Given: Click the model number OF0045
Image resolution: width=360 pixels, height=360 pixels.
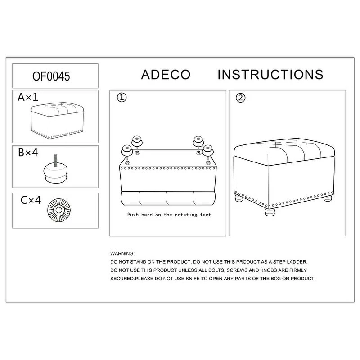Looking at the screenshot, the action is [x=51, y=76].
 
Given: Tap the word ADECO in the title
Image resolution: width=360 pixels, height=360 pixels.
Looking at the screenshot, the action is [x=166, y=75].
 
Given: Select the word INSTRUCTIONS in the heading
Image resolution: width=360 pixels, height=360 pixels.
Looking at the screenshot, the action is [x=270, y=75].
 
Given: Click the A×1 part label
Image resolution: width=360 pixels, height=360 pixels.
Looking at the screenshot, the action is [x=28, y=97].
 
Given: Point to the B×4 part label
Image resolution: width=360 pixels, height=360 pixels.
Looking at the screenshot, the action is [x=28, y=153].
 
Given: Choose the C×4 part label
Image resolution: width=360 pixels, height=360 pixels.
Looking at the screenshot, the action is [x=31, y=200].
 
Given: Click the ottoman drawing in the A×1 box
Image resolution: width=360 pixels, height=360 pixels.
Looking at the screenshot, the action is [x=57, y=120].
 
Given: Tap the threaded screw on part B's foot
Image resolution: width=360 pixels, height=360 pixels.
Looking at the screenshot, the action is [x=55, y=161].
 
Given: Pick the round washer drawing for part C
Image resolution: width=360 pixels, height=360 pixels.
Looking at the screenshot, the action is [x=59, y=210].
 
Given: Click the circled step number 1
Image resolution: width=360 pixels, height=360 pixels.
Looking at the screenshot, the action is [x=121, y=98].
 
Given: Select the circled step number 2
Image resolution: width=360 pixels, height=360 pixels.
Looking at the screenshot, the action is [x=240, y=98].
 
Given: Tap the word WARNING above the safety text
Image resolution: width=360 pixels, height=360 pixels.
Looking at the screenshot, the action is [x=122, y=254].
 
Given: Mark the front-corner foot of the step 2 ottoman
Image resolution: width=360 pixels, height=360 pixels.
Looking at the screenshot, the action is [x=270, y=211].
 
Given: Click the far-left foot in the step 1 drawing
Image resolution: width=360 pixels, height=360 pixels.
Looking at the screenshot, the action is [x=127, y=151].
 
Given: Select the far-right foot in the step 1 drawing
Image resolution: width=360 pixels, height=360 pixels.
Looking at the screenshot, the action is [x=208, y=151].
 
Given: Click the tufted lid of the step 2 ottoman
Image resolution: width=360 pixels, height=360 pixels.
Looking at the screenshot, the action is [x=284, y=152].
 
